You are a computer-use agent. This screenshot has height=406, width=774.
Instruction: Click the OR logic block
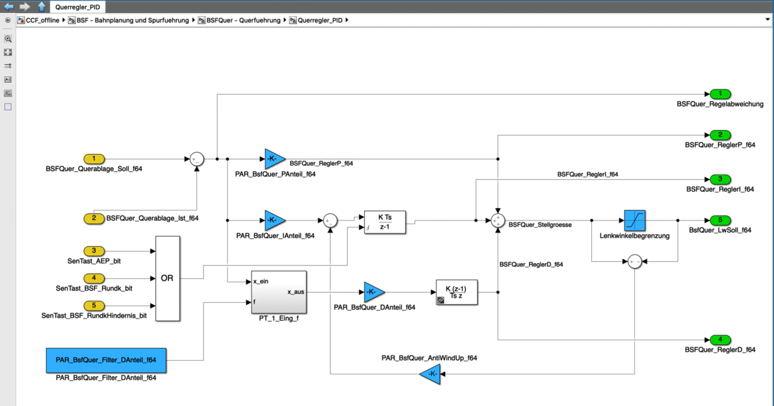click(x=167, y=278)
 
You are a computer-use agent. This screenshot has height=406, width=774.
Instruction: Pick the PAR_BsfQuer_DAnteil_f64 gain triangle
click(x=374, y=292)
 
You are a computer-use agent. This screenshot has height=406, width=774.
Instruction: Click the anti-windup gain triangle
click(x=431, y=374)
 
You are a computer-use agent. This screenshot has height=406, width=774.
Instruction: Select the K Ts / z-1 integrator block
click(x=385, y=222)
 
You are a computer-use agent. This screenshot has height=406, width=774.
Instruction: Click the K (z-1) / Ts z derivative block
click(x=456, y=292)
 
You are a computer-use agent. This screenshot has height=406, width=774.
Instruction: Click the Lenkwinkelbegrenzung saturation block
click(x=635, y=220)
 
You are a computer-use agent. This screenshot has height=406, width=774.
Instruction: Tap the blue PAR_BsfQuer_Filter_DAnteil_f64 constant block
click(x=106, y=360)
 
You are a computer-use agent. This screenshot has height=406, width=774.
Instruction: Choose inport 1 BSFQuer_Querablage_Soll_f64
click(x=94, y=159)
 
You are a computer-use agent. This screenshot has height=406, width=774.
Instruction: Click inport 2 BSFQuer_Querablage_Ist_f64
click(x=94, y=218)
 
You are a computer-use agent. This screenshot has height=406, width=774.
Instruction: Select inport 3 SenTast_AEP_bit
click(x=94, y=251)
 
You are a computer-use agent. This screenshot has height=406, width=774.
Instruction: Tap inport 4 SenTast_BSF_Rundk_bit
click(x=94, y=278)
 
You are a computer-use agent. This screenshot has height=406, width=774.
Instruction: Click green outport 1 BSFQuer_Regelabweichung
click(x=720, y=94)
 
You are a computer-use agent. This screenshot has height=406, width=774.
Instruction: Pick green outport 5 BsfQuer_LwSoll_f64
click(x=720, y=220)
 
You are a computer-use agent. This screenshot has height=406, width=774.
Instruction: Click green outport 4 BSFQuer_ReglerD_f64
click(x=720, y=340)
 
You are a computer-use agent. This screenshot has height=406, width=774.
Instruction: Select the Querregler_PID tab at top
click(x=77, y=7)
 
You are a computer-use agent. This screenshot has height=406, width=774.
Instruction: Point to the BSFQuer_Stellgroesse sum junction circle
click(x=497, y=220)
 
